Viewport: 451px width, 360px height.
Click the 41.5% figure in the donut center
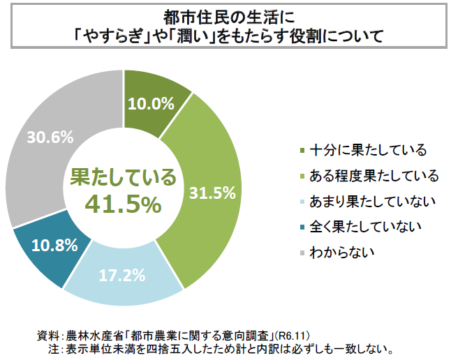click(123, 204)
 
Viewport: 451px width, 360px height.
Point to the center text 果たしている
click(123, 177)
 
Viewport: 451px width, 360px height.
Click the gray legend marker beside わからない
click(301, 252)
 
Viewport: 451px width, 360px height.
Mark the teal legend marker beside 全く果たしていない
click(301, 227)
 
